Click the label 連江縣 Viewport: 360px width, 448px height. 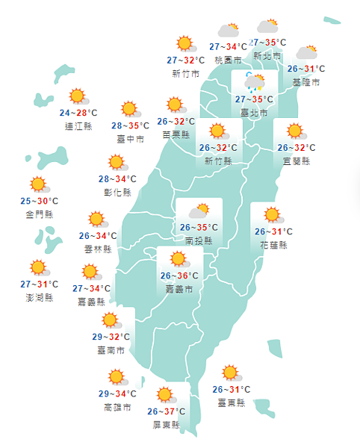[78, 125]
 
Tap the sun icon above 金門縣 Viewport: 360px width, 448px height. [37, 184]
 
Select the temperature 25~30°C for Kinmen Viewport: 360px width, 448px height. [39, 202]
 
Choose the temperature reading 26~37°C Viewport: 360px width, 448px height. [165, 411]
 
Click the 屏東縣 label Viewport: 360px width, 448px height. [165, 424]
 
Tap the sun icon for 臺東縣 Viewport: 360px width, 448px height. [230, 373]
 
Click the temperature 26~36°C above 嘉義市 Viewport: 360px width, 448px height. [179, 276]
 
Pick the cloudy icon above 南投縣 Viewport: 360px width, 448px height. [199, 211]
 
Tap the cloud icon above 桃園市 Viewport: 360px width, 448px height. [228, 31]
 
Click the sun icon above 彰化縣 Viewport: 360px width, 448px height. [116, 162]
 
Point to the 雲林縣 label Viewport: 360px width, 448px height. [98, 249]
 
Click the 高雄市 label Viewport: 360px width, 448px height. [117, 407]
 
